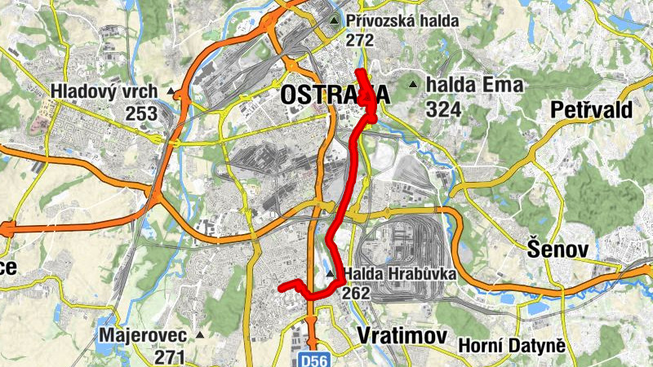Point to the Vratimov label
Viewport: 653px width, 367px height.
403,336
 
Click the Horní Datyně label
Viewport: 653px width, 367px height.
512,346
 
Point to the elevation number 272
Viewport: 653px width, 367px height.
359,40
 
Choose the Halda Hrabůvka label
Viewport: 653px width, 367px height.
399,274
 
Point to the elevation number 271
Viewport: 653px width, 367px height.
169,356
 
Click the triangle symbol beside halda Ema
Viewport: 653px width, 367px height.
414,84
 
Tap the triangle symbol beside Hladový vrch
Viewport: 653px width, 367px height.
171,91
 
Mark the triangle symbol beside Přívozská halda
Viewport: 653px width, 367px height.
334,20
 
